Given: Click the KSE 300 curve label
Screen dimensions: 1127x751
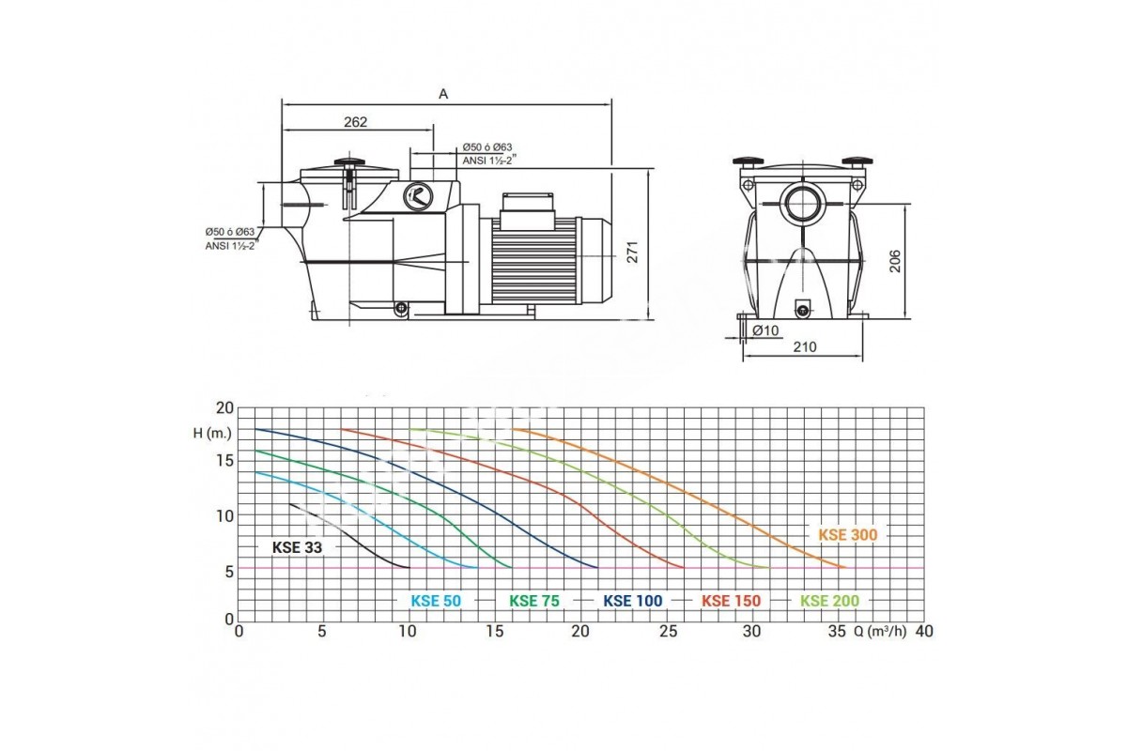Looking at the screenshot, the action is coord(848,535).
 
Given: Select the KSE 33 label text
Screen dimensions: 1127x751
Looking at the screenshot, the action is coord(297,547).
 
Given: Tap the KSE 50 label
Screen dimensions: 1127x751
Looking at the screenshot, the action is coord(436,601).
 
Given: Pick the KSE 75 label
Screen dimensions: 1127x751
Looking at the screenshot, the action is coord(534,601).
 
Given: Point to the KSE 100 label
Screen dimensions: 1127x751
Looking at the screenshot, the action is coord(633,601).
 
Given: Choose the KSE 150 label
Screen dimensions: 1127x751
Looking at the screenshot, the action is coord(732,601).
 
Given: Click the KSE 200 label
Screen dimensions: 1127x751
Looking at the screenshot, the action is coord(830,601).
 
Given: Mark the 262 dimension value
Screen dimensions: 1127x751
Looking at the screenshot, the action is coord(356,122).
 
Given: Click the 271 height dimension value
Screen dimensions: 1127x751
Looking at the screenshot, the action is coord(632,252).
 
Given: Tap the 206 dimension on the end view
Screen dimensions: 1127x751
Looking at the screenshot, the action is coord(895,261).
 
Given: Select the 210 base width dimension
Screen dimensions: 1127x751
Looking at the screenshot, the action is coord(805,346).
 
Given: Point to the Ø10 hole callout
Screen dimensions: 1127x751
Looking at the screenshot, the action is coord(765,330).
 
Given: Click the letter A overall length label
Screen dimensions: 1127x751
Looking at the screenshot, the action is coord(443,94).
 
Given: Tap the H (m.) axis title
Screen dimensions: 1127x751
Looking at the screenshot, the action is coord(212,433).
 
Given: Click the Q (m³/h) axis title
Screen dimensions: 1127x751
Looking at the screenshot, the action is coord(880,631).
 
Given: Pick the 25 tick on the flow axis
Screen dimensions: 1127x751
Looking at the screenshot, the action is coord(669,631).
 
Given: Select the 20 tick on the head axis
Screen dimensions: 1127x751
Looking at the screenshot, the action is coord(224,408).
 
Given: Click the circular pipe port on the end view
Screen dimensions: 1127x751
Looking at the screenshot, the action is coord(802,204).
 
